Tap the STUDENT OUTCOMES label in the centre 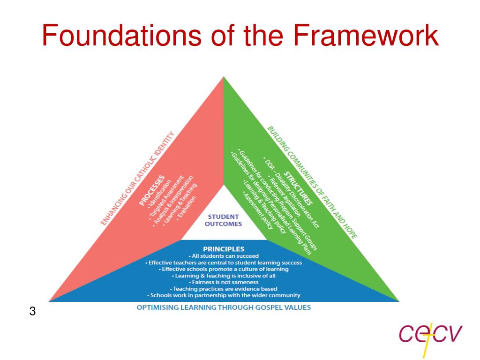coord(223,220)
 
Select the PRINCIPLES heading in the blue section coord(223,249)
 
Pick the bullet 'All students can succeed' coord(223,256)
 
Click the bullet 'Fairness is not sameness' coord(223,282)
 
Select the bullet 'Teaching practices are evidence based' coord(223,289)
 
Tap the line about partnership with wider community coord(223,295)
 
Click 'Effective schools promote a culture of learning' coord(223,269)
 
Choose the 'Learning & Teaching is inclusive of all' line coord(223,276)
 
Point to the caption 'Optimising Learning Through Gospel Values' coord(223,307)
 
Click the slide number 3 coord(32,311)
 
